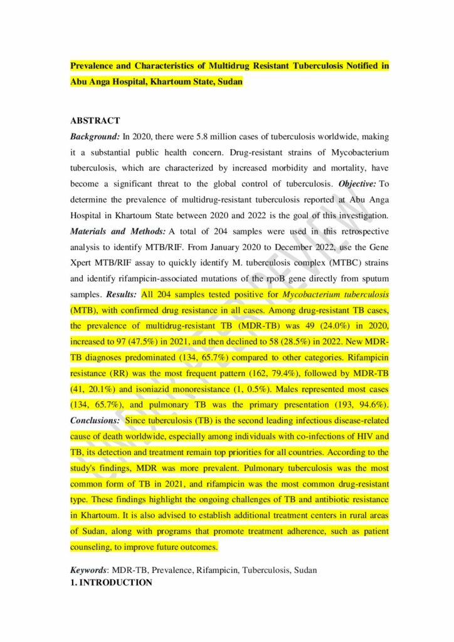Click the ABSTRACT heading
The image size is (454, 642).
point(95,120)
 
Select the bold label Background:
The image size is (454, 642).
point(95,135)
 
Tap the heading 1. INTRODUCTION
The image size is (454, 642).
point(111,582)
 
